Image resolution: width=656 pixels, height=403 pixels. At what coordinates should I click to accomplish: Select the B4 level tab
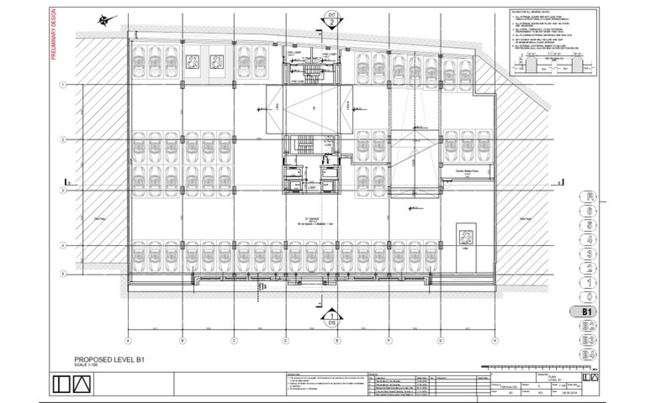(x=588, y=354)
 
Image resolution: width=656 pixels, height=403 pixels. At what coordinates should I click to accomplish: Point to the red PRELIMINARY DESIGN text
(x=53, y=34)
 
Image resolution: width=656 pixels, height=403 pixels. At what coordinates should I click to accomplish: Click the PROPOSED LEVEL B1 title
(x=109, y=360)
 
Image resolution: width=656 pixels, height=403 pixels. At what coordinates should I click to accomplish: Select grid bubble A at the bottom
(x=128, y=340)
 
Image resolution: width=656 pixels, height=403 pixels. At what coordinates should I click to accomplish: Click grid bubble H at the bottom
(x=495, y=340)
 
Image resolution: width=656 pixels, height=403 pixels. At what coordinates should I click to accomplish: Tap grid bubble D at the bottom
(x=286, y=340)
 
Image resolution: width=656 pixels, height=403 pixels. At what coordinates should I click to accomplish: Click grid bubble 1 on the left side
(x=63, y=85)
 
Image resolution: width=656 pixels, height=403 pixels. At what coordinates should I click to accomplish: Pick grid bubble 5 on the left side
(x=63, y=274)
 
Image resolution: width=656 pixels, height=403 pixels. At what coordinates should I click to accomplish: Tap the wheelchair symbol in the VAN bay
(x=466, y=237)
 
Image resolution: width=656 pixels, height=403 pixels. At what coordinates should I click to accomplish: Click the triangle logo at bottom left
(x=82, y=384)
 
